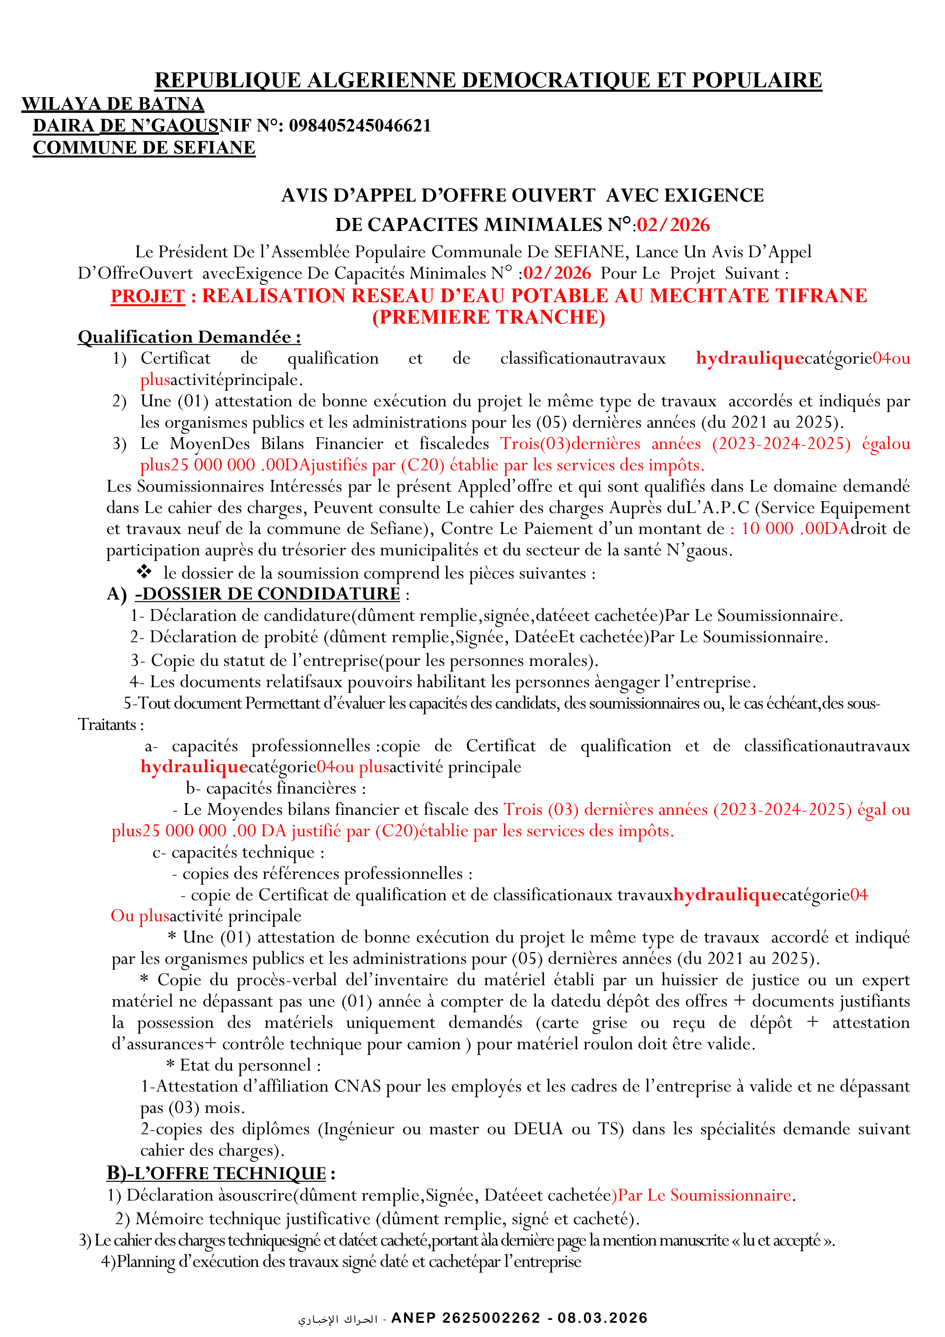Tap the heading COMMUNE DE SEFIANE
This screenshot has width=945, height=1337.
click(144, 148)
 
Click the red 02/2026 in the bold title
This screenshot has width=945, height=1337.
click(673, 225)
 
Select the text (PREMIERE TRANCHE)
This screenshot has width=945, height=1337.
click(489, 317)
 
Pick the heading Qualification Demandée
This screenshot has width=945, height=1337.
click(189, 337)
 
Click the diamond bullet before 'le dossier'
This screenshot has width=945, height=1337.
click(144, 572)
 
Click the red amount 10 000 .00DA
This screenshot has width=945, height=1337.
click(795, 529)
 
